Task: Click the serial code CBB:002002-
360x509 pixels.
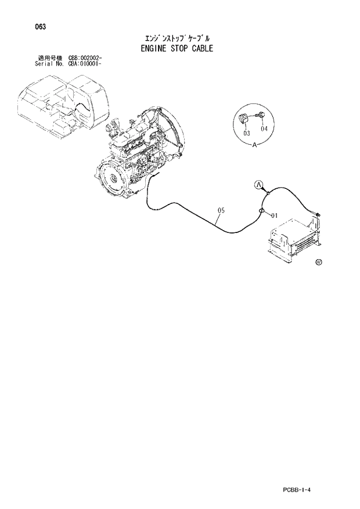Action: pos(85,58)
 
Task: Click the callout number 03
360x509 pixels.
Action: pos(246,134)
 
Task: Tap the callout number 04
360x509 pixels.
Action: pos(264,128)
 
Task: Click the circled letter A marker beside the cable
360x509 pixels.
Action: pos(260,185)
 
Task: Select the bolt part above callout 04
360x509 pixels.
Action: pos(261,115)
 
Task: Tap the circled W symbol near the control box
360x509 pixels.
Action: pos(318,263)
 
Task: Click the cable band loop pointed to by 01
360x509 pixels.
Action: pos(262,210)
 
